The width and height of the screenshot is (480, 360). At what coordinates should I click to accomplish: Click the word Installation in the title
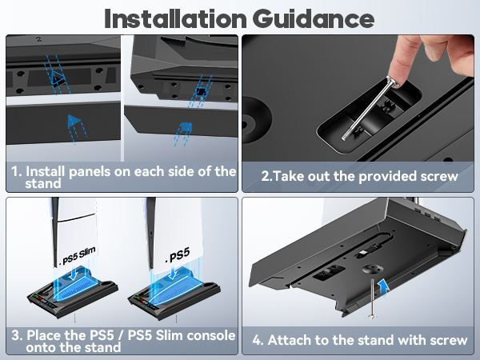[x=178, y=18]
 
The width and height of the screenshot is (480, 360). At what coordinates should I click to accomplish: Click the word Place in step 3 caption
[x=47, y=334]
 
